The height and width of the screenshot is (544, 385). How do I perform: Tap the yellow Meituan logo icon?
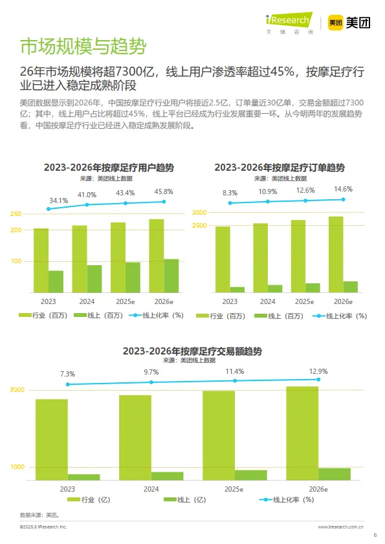tap(335, 23)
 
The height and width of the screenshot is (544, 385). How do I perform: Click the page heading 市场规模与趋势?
tap(82, 47)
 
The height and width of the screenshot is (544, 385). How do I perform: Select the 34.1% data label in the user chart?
tap(58, 201)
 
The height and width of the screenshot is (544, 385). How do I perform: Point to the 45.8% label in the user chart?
tap(163, 191)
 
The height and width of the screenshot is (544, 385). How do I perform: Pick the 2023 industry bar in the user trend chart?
tap(41, 260)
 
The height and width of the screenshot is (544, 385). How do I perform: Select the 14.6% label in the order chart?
tap(342, 189)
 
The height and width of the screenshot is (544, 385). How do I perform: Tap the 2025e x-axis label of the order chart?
tap(304, 301)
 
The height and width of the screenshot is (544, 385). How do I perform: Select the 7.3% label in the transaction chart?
tap(67, 374)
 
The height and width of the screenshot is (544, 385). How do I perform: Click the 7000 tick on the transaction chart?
tap(17, 390)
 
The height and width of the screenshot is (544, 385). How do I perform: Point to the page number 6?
tap(375, 535)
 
